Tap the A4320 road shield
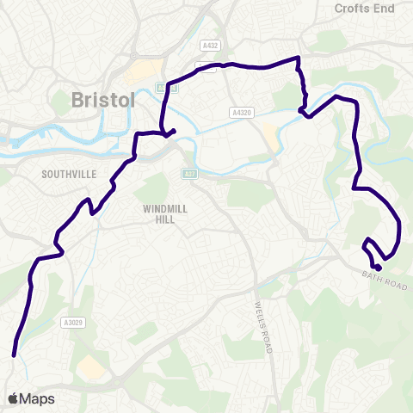(243, 112)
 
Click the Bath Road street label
(379, 281)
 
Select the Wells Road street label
(262, 328)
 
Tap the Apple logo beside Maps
(13, 398)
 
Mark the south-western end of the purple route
(14, 354)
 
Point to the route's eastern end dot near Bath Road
(379, 255)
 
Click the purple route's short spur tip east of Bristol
(175, 131)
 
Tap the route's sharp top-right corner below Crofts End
(298, 58)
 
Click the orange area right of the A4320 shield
(268, 133)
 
